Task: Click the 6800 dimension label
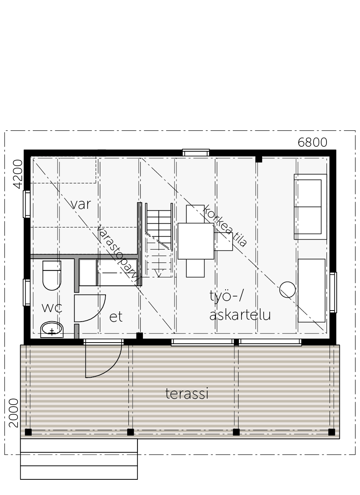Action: point(312,143)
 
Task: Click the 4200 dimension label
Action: point(18,174)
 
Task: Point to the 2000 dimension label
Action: point(13,413)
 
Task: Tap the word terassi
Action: point(187,394)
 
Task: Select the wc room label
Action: point(52,308)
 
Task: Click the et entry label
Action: point(116,317)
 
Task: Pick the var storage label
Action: point(81,204)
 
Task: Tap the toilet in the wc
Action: point(52,276)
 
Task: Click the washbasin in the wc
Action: point(52,330)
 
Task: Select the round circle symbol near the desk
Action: point(287,290)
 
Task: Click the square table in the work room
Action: point(196,241)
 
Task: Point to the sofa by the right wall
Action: point(310,207)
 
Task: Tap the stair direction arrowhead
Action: point(158,274)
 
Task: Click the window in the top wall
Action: point(196,153)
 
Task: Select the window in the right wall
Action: point(333,293)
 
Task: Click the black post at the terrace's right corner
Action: point(331,432)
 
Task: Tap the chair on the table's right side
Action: point(223,242)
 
